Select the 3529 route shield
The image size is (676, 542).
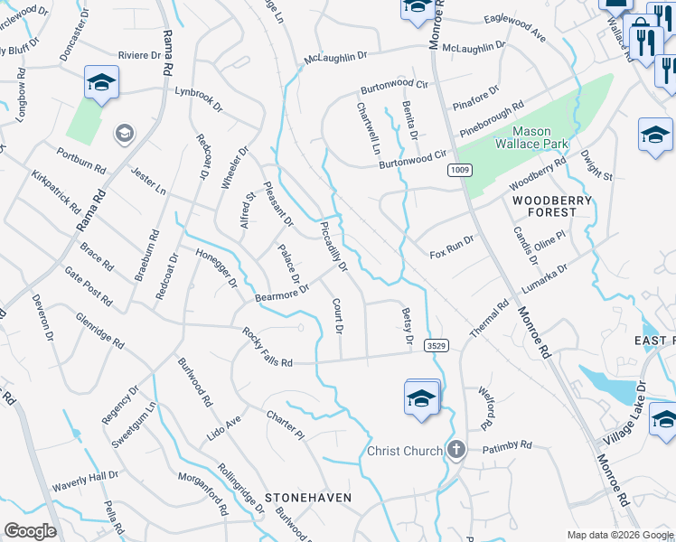click(x=435, y=345)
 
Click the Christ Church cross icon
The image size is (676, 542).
click(x=457, y=450)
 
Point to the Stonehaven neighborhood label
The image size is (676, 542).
click(x=307, y=498)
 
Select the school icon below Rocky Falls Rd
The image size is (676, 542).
click(x=421, y=398)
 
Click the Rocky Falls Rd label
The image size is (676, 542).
click(x=268, y=348)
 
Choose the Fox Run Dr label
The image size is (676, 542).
click(x=452, y=243)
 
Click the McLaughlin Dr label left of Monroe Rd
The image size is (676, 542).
click(x=336, y=58)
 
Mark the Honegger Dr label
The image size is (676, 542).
click(x=208, y=265)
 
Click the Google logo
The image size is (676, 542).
click(x=30, y=531)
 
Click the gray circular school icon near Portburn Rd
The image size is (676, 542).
click(x=124, y=135)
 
